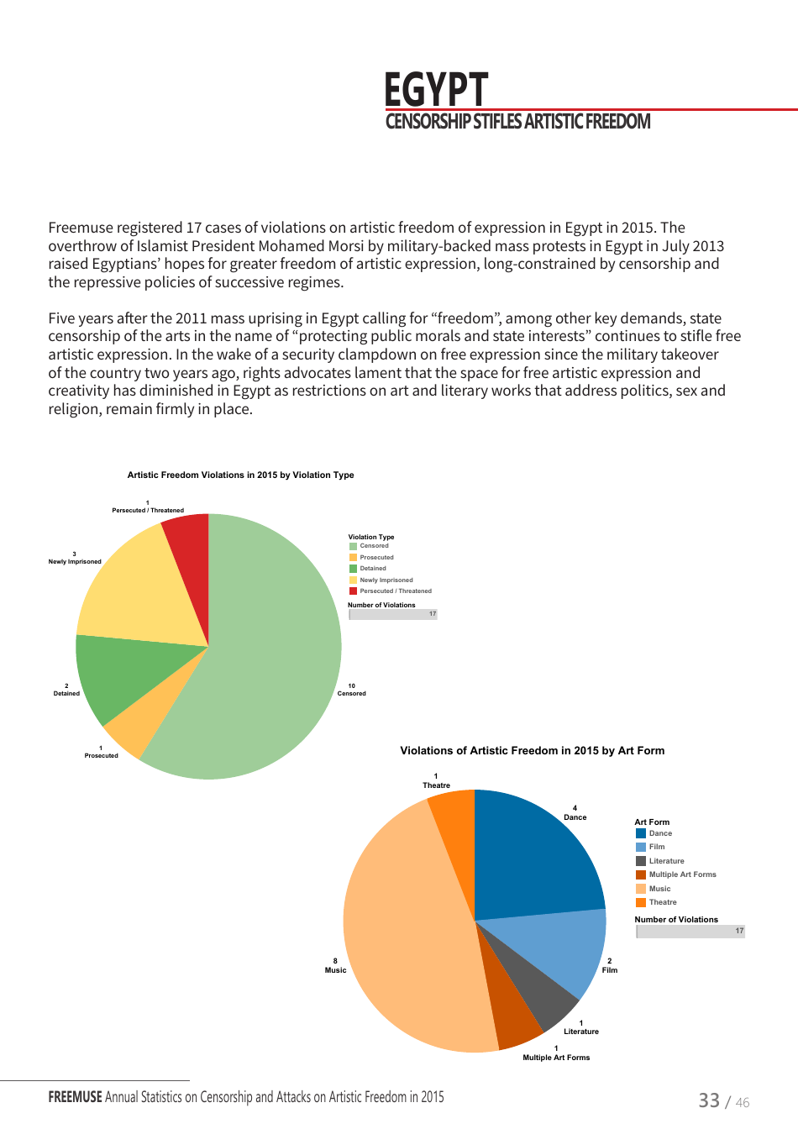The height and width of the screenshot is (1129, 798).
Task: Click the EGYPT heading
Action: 435,90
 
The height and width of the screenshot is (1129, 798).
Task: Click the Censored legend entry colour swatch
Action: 354,546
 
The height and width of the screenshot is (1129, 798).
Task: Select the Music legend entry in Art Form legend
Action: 659,889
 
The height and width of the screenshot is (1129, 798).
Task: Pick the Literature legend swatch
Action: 641,861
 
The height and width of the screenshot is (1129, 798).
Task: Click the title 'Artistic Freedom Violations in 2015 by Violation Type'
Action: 240,475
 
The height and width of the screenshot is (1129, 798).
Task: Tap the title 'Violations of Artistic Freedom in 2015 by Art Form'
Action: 532,751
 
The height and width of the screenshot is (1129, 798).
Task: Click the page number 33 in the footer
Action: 709,1100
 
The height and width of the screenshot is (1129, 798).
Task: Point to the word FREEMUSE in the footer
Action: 75,1097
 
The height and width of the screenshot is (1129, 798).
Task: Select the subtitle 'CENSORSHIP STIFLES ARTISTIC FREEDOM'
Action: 517,122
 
